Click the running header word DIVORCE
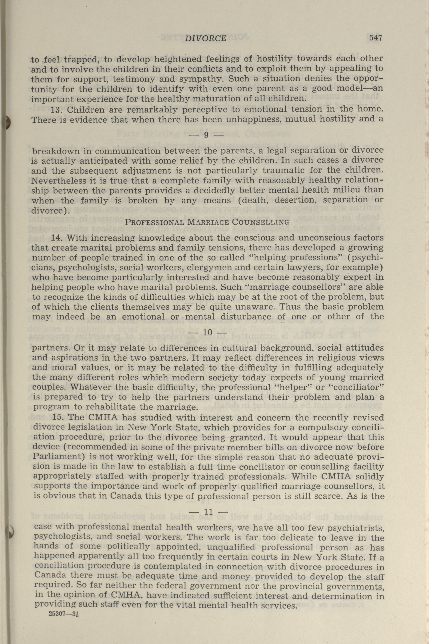coord(206,38)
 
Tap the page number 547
coord(375,38)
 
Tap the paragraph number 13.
coord(57,110)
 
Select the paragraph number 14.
coord(57,237)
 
